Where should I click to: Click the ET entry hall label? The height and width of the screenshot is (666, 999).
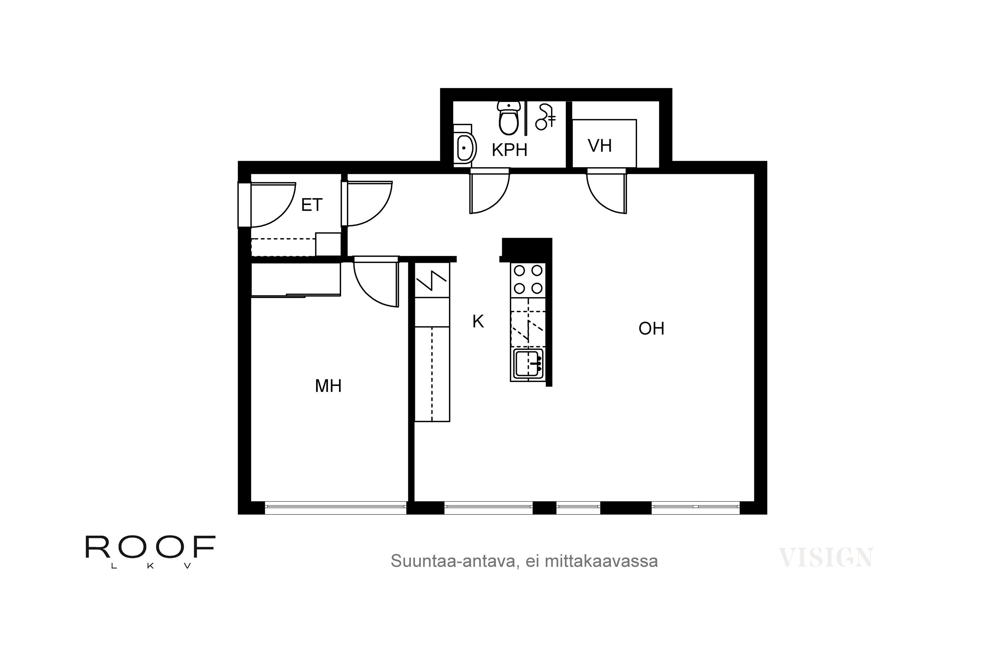[312, 205]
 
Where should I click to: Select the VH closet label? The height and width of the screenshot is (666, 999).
[600, 146]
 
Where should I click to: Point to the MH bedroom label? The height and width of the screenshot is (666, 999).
[328, 386]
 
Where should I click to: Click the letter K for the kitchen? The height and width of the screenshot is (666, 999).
[478, 322]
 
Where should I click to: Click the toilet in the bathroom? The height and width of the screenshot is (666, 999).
[508, 118]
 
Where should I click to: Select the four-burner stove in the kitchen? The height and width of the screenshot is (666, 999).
[528, 279]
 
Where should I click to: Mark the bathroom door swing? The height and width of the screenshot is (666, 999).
[489, 191]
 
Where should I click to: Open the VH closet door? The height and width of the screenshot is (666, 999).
[606, 191]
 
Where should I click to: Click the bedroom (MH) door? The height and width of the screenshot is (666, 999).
[376, 282]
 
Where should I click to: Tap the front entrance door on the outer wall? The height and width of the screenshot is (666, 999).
[267, 205]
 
